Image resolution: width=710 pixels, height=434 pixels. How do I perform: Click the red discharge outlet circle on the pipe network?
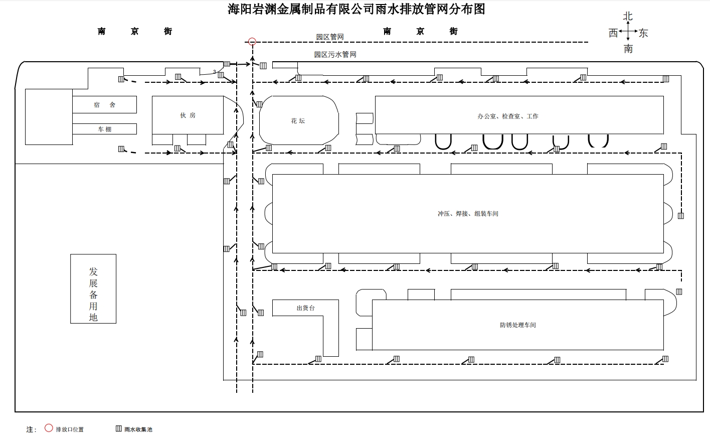[x=252, y=42]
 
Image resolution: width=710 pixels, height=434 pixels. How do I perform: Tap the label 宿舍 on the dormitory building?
[x=104, y=105]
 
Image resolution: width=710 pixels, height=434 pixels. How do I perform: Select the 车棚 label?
[x=104, y=129]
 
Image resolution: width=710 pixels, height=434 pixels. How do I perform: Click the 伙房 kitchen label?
[x=188, y=115]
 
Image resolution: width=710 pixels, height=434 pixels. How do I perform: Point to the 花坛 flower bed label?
[x=298, y=121]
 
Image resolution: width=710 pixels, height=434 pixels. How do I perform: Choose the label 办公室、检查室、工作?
[x=507, y=116]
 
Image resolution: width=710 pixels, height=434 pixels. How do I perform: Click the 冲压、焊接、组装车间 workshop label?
[x=468, y=214]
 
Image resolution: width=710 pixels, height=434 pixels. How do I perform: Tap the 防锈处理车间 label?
[x=517, y=325]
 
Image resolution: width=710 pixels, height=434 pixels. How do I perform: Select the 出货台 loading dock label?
[x=305, y=308]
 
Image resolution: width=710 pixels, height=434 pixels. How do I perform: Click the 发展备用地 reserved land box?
[x=93, y=288]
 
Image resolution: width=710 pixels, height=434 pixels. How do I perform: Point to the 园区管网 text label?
[x=329, y=37]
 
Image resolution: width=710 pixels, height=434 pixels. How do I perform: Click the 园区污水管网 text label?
[x=335, y=55]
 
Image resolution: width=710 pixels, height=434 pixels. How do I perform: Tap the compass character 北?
[x=628, y=17]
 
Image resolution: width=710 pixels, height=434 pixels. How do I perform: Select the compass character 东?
[x=643, y=33]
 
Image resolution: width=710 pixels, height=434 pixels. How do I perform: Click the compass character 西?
[x=613, y=33]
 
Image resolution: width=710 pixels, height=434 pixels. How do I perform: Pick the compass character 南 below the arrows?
[x=628, y=49]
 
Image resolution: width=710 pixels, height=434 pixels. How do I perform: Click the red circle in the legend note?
[x=49, y=428]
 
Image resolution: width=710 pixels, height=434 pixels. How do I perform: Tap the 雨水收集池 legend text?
[x=138, y=429]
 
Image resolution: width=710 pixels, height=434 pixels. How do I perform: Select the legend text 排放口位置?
[x=70, y=429]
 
